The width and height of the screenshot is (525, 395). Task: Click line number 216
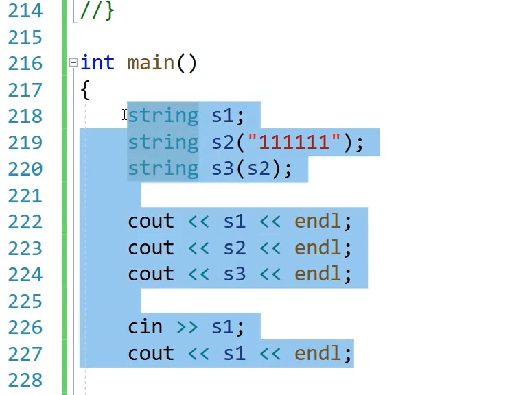(25, 64)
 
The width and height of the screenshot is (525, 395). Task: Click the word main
(151, 63)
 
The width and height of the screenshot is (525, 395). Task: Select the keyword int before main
(97, 63)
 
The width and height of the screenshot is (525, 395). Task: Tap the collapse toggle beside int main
(73, 63)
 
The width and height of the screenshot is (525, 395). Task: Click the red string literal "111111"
(294, 142)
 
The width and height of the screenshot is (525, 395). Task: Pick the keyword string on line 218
(163, 116)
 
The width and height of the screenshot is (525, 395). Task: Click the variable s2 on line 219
(222, 142)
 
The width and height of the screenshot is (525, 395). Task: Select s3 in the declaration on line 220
(222, 169)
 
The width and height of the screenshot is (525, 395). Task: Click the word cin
(145, 326)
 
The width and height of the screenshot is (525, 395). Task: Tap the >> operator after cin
(187, 326)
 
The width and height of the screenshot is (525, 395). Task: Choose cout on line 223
(151, 248)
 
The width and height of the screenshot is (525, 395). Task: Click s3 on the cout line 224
(234, 274)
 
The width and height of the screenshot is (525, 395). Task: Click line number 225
(25, 301)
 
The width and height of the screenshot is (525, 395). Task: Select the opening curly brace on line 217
(85, 90)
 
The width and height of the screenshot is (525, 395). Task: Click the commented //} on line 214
(97, 11)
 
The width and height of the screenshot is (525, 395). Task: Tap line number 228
(25, 380)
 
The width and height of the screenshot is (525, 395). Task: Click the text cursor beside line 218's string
(125, 115)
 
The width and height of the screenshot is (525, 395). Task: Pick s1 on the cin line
(222, 326)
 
